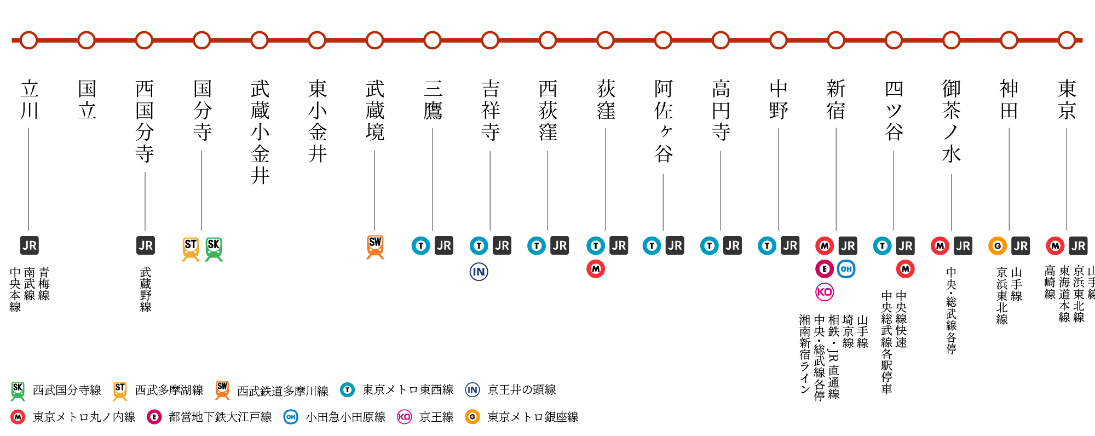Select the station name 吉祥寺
[490, 110]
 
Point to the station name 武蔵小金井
[260, 132]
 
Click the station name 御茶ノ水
[952, 121]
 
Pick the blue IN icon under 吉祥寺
[479, 272]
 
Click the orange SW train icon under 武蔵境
[375, 247]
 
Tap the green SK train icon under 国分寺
[214, 249]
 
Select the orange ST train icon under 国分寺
[191, 249]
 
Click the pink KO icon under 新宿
[825, 292]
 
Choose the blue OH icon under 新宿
[846, 269]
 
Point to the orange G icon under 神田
[998, 246]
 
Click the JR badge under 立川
[30, 245]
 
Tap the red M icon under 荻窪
[596, 269]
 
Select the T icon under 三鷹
[421, 246]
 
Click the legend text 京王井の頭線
[522, 389]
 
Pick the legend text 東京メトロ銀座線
[533, 417]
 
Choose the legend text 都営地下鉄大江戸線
[220, 417]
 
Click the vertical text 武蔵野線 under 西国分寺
[146, 290]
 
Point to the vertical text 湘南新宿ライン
[804, 354]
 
